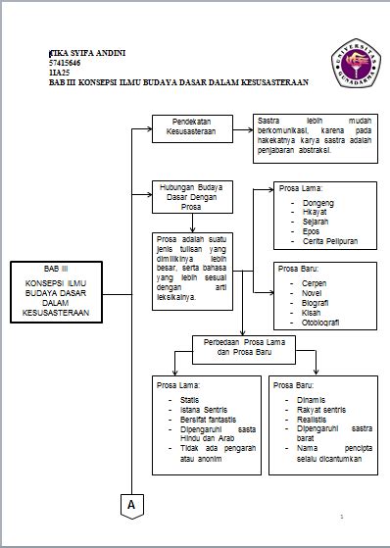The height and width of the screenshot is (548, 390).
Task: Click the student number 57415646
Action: click(x=65, y=61)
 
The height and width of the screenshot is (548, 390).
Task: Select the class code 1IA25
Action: click(x=58, y=71)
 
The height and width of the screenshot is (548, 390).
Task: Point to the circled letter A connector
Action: click(x=129, y=504)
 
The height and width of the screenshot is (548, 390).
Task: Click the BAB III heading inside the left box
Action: click(x=57, y=269)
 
